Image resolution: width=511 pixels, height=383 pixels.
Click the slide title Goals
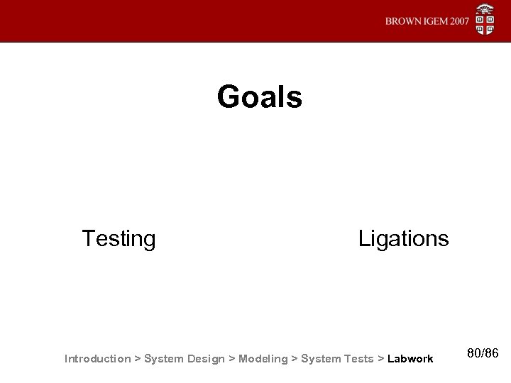click(260, 97)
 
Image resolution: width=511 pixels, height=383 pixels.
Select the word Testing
click(119, 238)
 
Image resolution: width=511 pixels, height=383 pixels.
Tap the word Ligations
click(403, 238)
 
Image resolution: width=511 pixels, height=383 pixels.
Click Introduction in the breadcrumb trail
click(97, 358)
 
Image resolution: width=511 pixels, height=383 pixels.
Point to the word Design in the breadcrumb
click(206, 358)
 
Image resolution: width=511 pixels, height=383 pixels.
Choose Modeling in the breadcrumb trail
click(263, 358)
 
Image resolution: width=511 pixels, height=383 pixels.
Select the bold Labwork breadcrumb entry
click(410, 358)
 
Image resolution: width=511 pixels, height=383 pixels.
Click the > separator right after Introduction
click(138, 358)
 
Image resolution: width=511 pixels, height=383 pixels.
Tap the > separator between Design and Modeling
click(231, 358)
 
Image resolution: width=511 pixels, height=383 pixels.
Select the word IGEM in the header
click(434, 21)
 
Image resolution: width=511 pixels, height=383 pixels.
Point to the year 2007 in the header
click(459, 21)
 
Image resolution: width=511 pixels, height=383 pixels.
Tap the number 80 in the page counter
click(476, 353)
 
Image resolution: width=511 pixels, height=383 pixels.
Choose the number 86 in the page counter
click(493, 353)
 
